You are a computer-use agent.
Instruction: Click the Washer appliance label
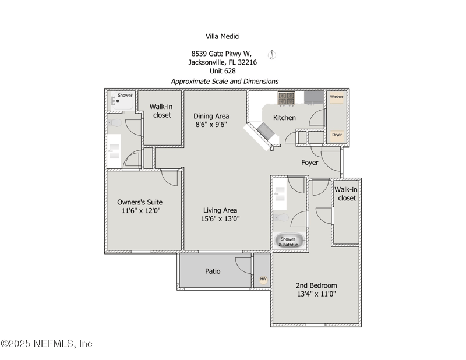(337, 97)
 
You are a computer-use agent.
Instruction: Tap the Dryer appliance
(337, 135)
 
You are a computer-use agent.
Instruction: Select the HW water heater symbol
(263, 279)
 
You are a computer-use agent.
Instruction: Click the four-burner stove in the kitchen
(286, 98)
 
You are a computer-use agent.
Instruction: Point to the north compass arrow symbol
(272, 54)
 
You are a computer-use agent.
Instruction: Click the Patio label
(213, 271)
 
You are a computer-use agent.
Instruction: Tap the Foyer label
(310, 163)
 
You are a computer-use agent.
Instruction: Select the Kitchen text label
(284, 118)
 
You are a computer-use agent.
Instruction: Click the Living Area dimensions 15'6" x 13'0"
(220, 219)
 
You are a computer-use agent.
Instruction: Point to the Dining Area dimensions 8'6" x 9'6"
(211, 124)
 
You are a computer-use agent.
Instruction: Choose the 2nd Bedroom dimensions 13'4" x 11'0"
(316, 294)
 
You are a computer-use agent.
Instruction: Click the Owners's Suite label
(140, 202)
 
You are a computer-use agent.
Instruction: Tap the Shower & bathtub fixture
(290, 241)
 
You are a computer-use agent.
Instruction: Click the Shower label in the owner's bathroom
(125, 95)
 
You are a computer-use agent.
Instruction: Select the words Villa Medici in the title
(223, 36)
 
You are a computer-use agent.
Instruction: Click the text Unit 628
(223, 71)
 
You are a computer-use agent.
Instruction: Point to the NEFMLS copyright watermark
(47, 344)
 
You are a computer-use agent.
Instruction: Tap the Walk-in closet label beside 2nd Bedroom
(346, 194)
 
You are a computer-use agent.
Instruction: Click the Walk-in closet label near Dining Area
(161, 111)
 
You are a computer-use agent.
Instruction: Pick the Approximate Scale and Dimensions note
(225, 81)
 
